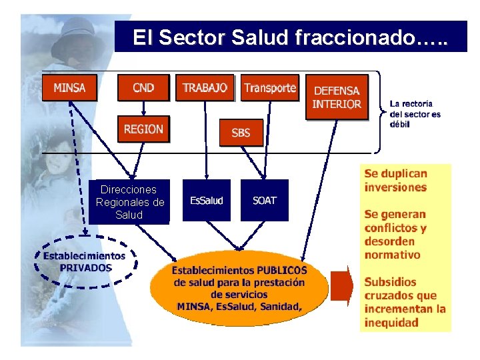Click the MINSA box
click(x=69, y=87)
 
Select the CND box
click(x=143, y=87)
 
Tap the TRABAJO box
click(x=205, y=87)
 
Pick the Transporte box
click(x=269, y=87)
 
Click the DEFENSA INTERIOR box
click(x=337, y=97)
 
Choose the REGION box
click(x=143, y=129)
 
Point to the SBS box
click(x=241, y=132)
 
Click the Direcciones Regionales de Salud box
click(x=130, y=201)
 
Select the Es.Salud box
click(x=207, y=200)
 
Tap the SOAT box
click(x=264, y=200)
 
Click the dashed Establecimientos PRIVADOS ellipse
click(x=85, y=261)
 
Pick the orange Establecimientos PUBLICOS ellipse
click(x=239, y=287)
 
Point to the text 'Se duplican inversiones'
click(x=395, y=180)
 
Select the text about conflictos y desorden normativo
click(x=395, y=235)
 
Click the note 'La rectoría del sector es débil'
click(x=415, y=114)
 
